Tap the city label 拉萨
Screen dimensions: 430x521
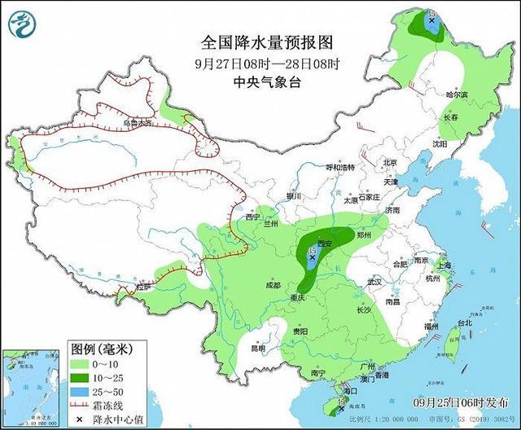tap(144, 287)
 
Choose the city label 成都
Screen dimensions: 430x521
tap(272, 285)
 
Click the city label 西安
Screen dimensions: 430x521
tap(326, 244)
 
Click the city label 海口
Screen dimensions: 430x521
tap(350, 391)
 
